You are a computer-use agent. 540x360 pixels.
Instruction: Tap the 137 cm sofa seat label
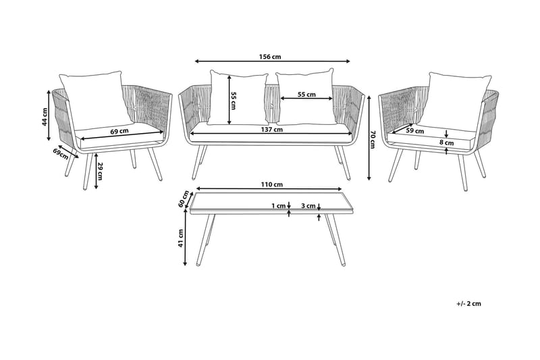(273, 130)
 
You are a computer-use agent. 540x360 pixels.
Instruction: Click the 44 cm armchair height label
(45, 118)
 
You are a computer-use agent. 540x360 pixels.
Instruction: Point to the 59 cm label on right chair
(415, 131)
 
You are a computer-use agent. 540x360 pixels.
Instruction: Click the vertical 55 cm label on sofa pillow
(234, 99)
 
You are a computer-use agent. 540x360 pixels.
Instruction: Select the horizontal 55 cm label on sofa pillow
(306, 95)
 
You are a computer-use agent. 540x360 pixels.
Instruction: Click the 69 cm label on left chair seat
(119, 131)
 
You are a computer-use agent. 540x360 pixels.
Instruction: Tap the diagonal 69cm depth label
(63, 153)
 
